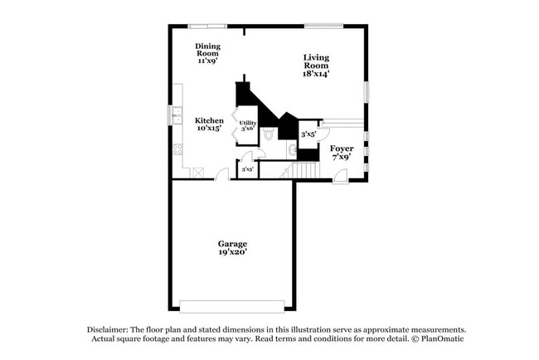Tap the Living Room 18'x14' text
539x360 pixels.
(316, 66)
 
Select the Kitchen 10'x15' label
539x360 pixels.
(209, 124)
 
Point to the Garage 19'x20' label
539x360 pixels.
(232, 247)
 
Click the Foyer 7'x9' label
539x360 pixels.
(342, 153)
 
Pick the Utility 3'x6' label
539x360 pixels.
(247, 126)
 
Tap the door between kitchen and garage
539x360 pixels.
(221, 175)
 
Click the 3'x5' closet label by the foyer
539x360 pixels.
(308, 134)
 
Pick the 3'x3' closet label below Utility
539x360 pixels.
(246, 170)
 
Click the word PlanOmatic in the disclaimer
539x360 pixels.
(439, 339)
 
